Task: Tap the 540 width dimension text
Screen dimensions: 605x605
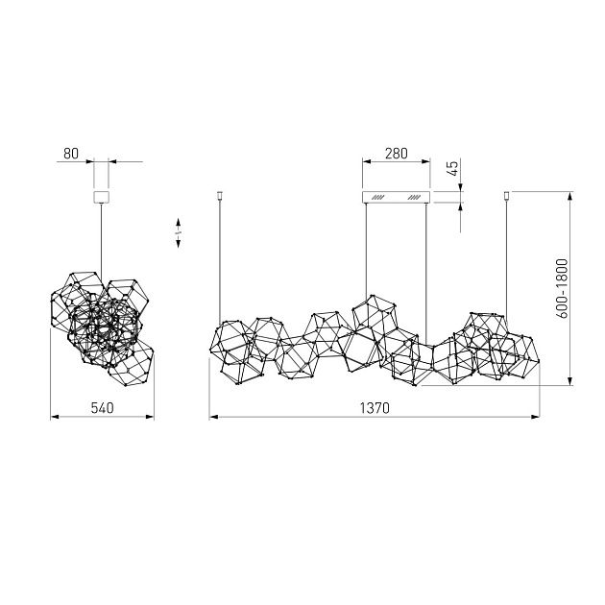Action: tap(102, 407)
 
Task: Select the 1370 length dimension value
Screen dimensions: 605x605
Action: tap(375, 407)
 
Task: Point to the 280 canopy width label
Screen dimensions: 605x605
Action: tap(396, 152)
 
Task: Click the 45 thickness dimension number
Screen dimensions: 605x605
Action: tap(452, 170)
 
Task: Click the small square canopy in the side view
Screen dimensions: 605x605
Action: tap(100, 197)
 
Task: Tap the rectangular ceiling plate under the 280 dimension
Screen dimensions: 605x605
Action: tap(396, 197)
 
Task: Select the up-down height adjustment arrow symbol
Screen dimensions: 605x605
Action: tap(179, 236)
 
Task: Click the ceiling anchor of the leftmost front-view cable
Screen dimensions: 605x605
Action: tap(220, 196)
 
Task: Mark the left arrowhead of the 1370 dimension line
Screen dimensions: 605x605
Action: tap(212, 418)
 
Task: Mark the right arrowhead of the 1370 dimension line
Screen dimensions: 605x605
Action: tap(535, 418)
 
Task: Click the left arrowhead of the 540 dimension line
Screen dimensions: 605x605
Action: tap(53, 418)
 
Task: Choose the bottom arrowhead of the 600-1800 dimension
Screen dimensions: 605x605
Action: tap(571, 381)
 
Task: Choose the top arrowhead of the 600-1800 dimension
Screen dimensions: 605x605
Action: tap(571, 197)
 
